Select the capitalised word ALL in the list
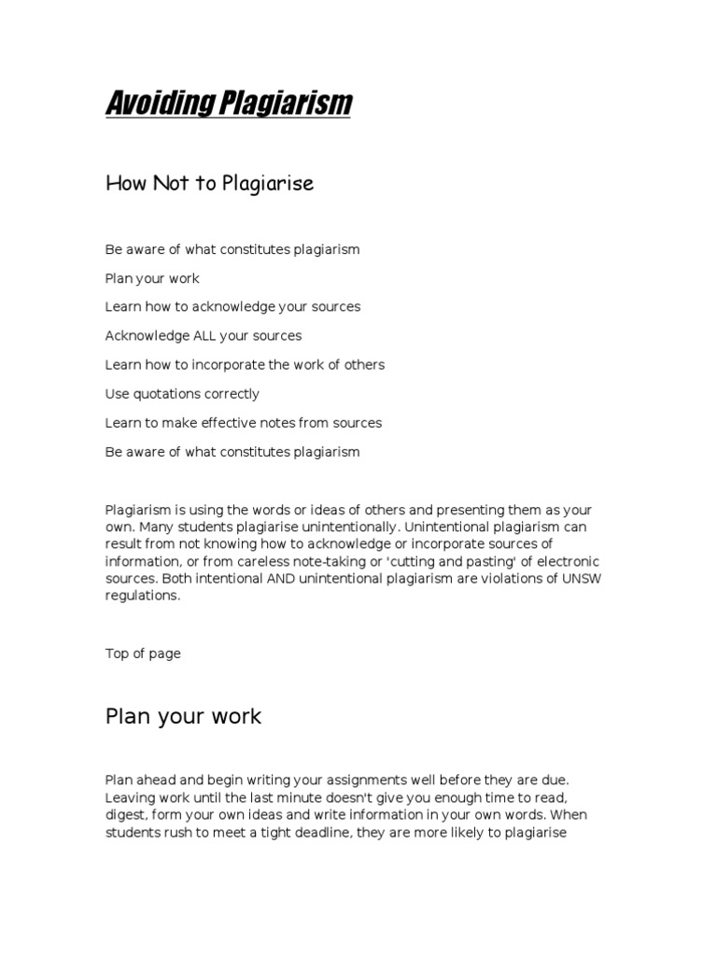tap(204, 335)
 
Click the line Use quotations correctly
tap(182, 394)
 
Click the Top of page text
tap(143, 654)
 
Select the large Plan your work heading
tap(183, 717)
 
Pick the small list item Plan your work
tap(152, 278)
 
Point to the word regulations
tap(140, 596)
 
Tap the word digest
tap(127, 816)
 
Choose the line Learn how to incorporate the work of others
tap(245, 365)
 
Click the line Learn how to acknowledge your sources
tap(232, 307)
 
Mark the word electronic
tap(566, 562)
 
